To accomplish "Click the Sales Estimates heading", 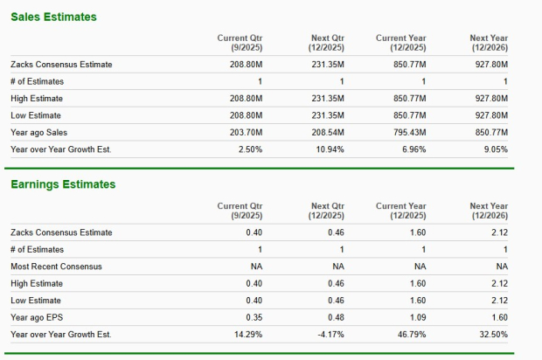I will click(53, 17).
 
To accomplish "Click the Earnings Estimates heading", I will click(63, 184).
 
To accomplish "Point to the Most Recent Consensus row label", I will click(56, 266).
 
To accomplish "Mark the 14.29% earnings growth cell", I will click(246, 335).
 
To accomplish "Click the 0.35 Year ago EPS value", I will click(252, 317).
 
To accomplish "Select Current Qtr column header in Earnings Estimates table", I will click(239, 211).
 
